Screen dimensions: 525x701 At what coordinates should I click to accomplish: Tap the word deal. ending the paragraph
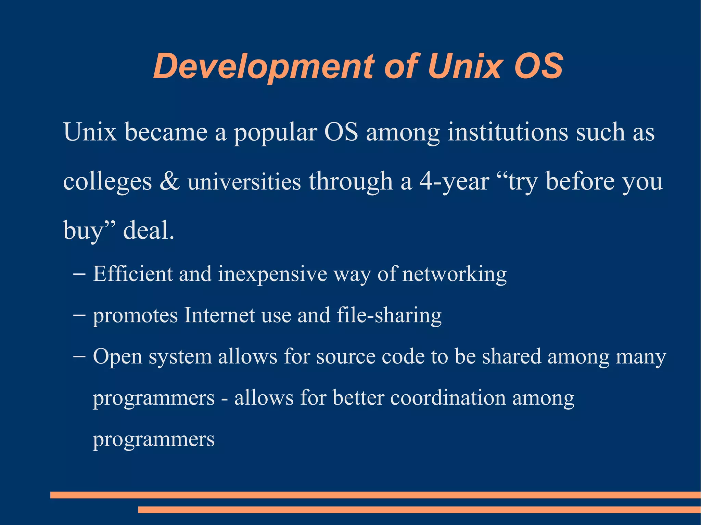149,230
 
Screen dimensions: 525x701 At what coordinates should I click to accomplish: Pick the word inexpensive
272,274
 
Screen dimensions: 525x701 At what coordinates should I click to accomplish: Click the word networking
454,274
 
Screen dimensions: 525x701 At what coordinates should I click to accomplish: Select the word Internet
219,315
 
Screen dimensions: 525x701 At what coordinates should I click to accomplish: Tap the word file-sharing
389,315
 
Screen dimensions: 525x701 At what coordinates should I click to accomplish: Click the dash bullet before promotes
79,315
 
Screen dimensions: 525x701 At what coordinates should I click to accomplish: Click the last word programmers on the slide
154,439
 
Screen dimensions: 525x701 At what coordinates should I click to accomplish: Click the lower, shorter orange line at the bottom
419,510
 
